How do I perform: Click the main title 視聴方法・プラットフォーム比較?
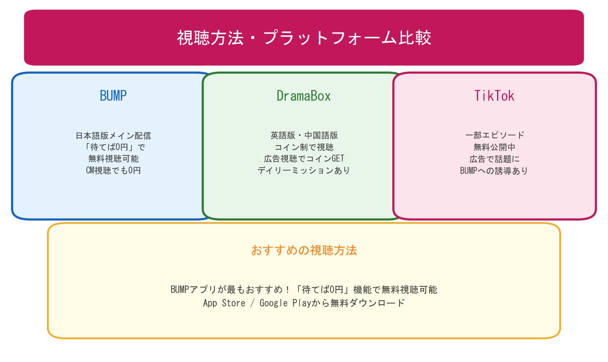304,38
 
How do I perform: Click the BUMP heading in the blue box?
113,96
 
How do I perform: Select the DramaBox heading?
304,96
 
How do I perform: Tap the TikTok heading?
494,96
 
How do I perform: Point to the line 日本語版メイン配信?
113,135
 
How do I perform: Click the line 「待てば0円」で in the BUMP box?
113,147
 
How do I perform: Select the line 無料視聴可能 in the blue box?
113,159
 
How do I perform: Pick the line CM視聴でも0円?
113,170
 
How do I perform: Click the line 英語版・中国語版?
304,135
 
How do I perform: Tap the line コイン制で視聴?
304,147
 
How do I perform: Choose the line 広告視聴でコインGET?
304,159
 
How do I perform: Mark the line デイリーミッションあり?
304,170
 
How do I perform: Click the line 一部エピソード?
494,135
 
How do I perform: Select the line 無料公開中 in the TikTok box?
494,147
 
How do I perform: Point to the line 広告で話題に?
494,159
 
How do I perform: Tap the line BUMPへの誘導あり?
494,171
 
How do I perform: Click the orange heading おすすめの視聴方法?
304,250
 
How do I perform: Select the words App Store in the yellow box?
224,303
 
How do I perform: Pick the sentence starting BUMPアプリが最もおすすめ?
304,290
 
